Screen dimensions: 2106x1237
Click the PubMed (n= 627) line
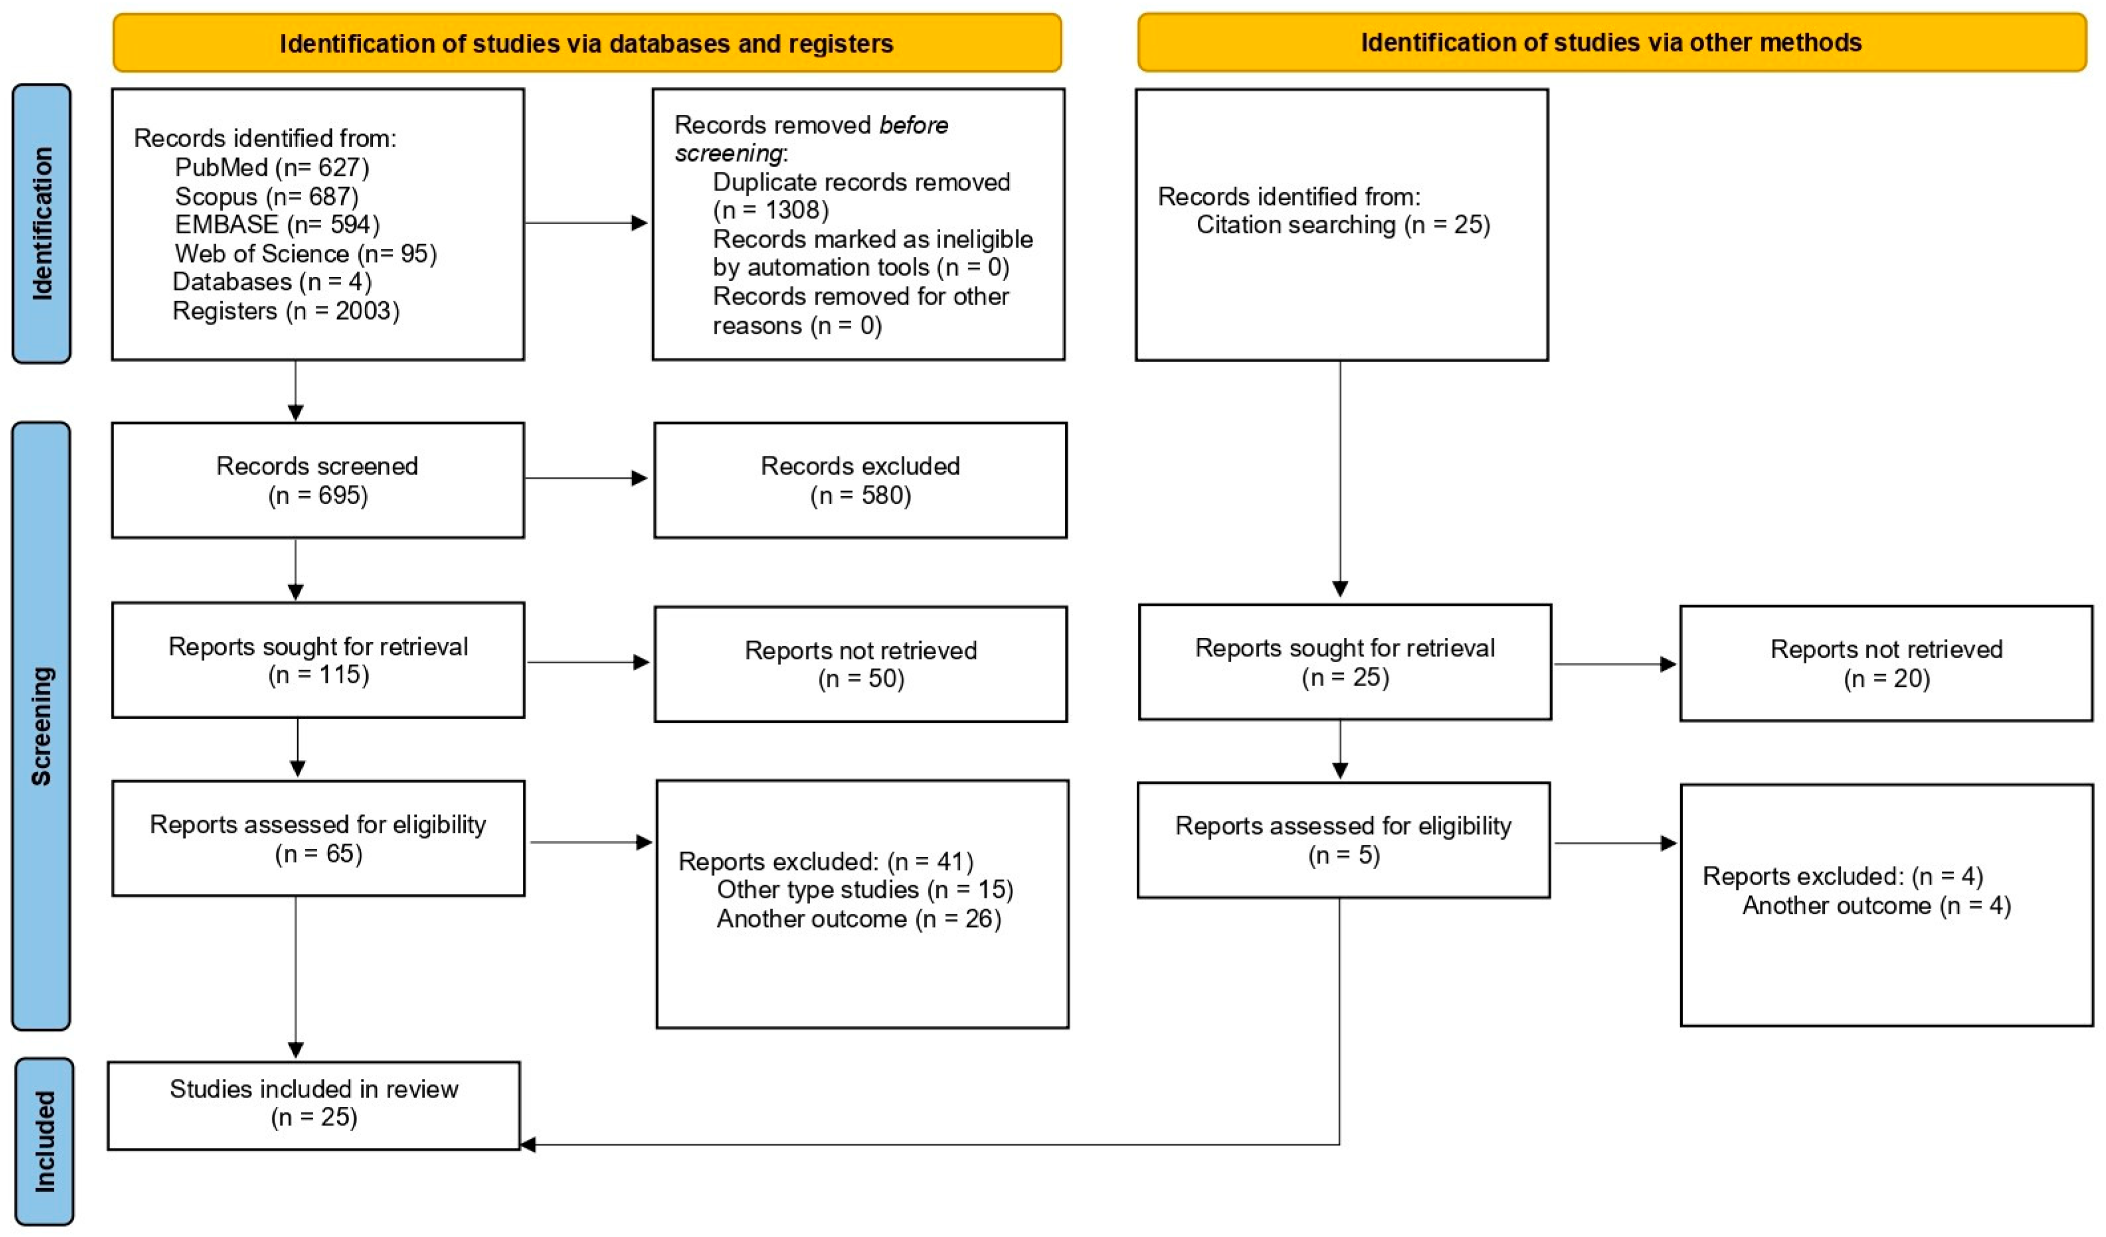pos(272,167)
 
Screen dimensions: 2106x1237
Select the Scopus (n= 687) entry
pos(267,196)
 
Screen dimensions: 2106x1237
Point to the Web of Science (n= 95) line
pos(306,253)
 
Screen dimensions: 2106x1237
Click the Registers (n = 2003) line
pos(286,310)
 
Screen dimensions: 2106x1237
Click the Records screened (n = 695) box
pos(318,480)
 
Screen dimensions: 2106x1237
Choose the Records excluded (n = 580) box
pos(860,480)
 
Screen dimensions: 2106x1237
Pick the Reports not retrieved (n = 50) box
pos(861,664)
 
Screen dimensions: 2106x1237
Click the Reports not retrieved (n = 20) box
pos(1886,663)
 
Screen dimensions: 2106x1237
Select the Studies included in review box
pos(314,1106)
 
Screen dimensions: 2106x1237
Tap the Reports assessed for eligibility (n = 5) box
pos(1344,840)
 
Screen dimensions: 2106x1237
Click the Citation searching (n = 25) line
pos(1343,224)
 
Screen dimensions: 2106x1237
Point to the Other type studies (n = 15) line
pos(865,889)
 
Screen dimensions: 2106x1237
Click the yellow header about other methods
pos(1612,42)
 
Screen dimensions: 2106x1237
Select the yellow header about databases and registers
pos(587,42)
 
